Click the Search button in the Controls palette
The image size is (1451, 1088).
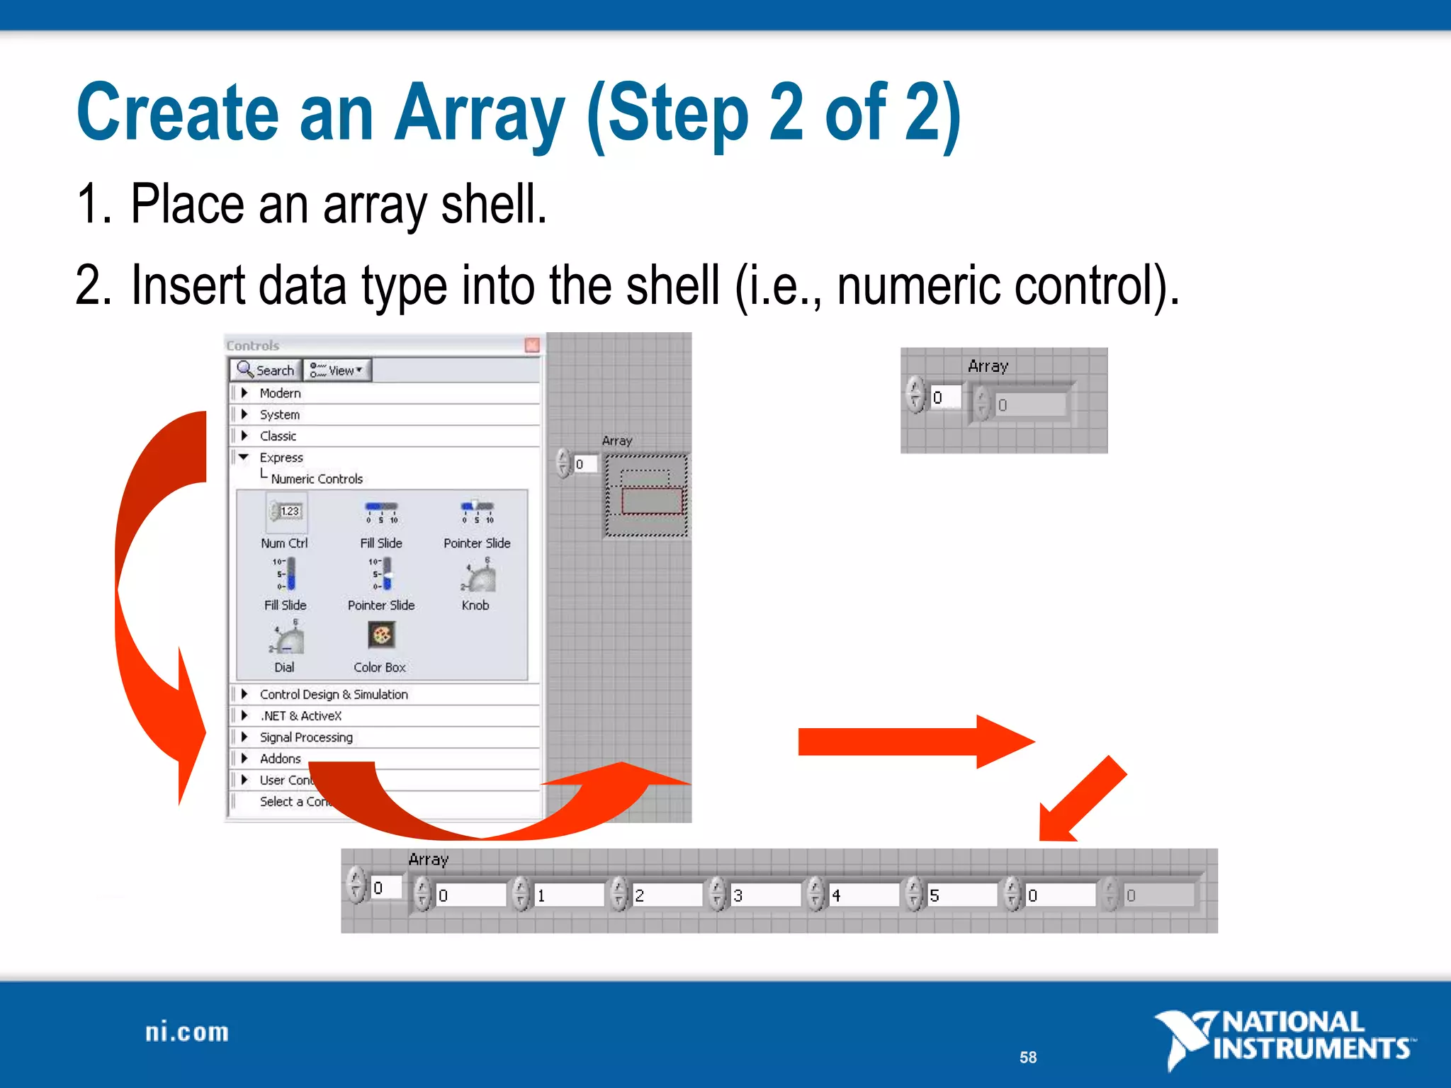point(266,370)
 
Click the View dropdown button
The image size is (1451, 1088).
point(337,370)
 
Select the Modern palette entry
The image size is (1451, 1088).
point(280,393)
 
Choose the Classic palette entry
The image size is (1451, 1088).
point(278,436)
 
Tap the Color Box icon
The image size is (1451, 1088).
point(381,635)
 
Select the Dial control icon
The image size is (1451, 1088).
point(286,639)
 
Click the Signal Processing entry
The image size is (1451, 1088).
point(305,737)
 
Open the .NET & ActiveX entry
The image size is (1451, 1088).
point(300,716)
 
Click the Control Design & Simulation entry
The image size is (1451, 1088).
point(333,695)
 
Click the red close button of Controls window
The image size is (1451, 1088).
point(532,345)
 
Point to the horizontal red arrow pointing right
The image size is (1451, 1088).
point(914,742)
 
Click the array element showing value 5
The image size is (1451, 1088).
point(960,895)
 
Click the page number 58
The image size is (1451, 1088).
point(1027,1058)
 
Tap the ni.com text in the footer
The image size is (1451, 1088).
point(187,1032)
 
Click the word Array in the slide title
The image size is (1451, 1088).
point(479,113)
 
